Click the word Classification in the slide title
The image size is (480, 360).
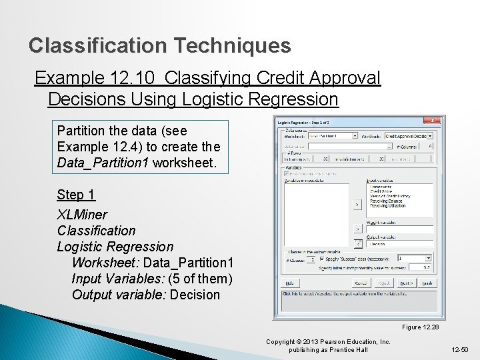click(x=98, y=45)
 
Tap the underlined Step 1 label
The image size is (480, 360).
click(x=76, y=195)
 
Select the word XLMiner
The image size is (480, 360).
click(x=82, y=215)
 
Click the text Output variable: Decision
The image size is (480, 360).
click(x=145, y=295)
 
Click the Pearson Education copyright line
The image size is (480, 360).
click(x=328, y=342)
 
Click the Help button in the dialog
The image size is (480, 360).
click(x=290, y=283)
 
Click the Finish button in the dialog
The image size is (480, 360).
click(x=427, y=283)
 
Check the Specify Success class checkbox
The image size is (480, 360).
click(x=322, y=258)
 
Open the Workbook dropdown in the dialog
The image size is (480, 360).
click(x=430, y=135)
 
